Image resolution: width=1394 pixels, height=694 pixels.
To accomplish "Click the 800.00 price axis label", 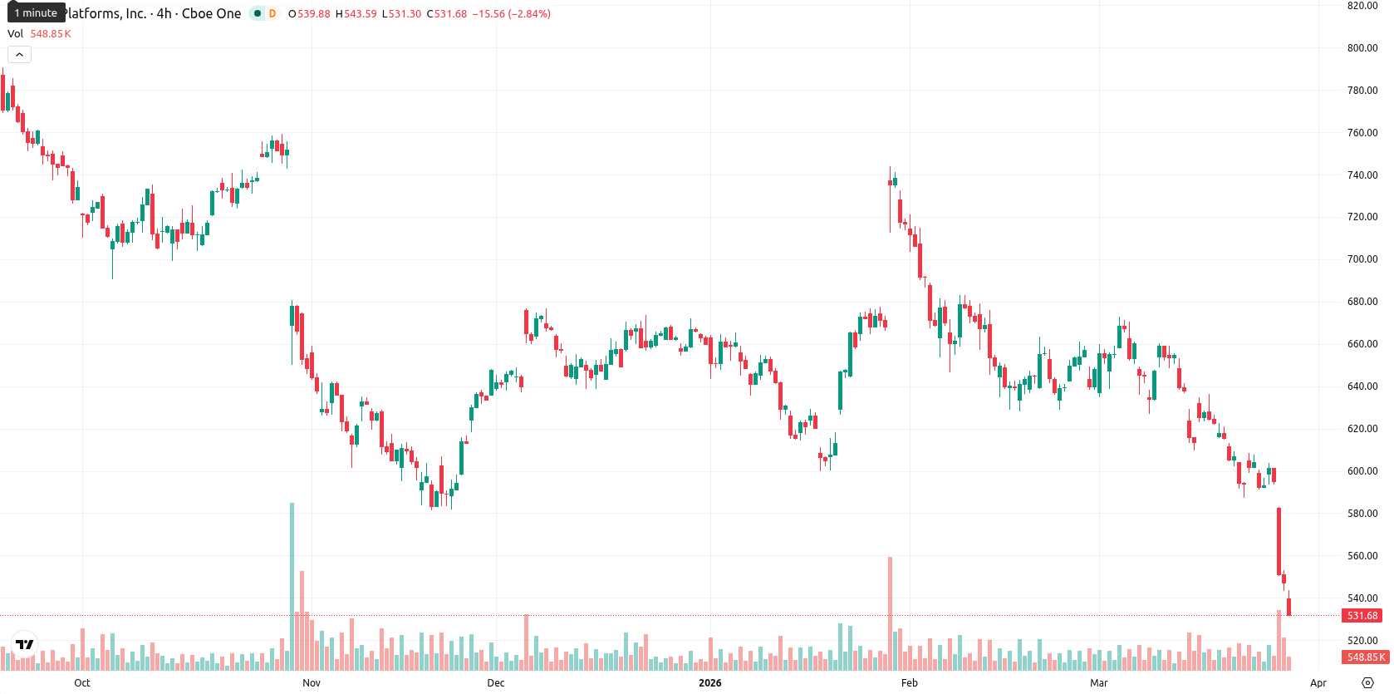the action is [1362, 48].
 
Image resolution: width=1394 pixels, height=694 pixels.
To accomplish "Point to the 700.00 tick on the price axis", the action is [1362, 259].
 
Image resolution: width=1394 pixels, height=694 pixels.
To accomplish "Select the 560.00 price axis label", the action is [1362, 556].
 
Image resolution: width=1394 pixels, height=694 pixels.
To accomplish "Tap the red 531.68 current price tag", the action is [1363, 616].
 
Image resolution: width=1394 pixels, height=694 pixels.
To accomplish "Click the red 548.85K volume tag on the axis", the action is [1366, 657].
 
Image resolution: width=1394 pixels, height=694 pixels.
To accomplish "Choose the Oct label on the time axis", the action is [82, 683].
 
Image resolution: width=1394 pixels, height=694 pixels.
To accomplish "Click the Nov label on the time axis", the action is [312, 683].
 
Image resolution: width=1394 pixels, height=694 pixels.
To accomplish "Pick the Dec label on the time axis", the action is [496, 683].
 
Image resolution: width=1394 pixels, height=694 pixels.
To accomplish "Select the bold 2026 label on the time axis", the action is [710, 683].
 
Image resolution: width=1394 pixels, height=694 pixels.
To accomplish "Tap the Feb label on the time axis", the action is [909, 683].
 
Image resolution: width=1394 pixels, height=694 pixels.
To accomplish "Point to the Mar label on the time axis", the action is [1099, 683].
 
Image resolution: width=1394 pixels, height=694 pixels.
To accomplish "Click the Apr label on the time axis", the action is [1318, 683].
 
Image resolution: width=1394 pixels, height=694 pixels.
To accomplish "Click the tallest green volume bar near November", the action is [292, 586].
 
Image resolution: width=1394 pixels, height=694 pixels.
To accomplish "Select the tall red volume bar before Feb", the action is [890, 613].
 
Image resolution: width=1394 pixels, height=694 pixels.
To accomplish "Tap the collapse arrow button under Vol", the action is [19, 55].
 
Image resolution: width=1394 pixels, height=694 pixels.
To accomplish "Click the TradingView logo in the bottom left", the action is [25, 644].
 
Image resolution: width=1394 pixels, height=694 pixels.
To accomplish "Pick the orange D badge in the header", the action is [272, 13].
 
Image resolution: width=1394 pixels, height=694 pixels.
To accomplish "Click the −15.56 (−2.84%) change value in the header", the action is [512, 13].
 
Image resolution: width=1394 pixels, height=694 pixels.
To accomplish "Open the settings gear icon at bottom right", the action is [1367, 683].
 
